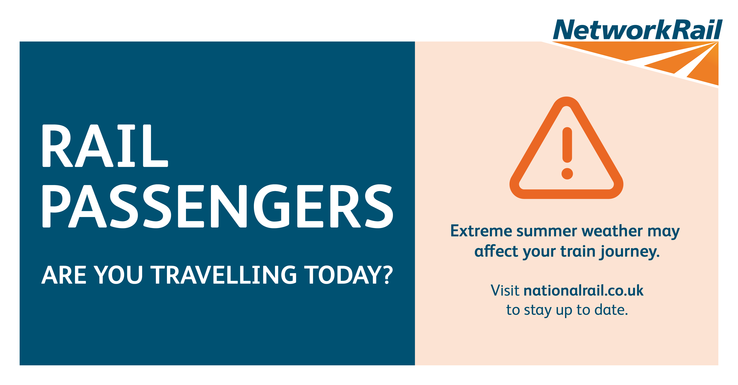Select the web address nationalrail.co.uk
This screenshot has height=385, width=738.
(584, 291)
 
